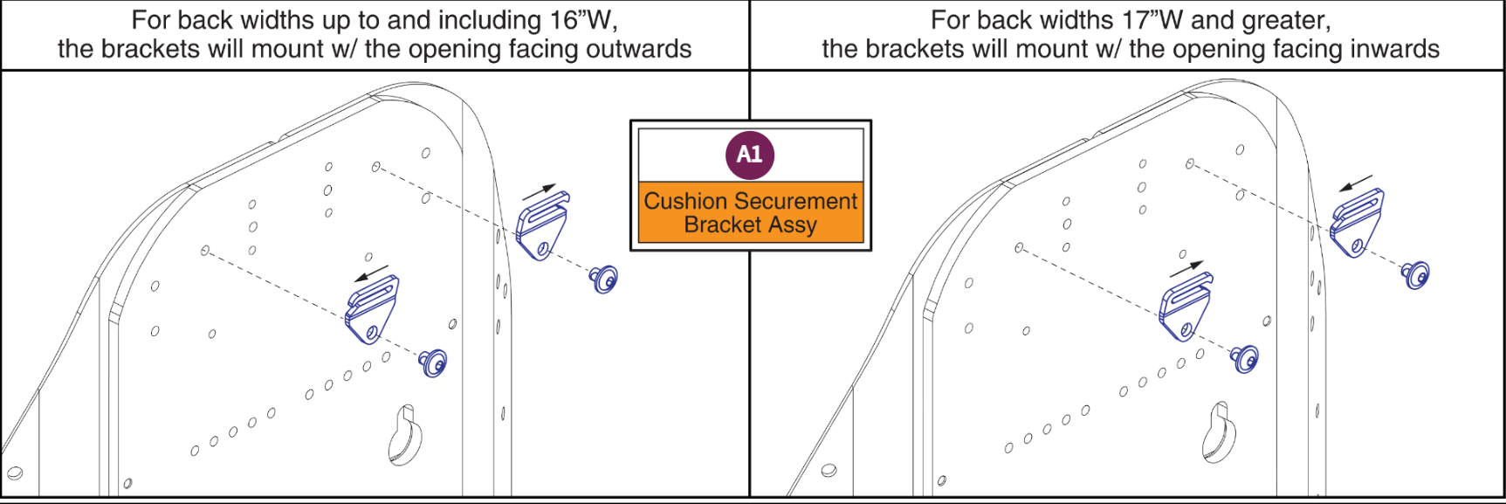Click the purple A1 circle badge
[x=750, y=155]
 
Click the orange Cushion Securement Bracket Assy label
[x=751, y=212]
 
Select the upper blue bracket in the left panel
[x=542, y=225]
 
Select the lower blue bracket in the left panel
[x=372, y=309]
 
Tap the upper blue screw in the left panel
[x=604, y=279]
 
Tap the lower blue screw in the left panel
[x=433, y=362]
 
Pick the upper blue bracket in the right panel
[x=1357, y=223]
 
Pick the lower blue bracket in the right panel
[x=1186, y=307]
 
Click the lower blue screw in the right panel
[x=1245, y=358]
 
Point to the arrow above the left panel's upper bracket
[x=539, y=192]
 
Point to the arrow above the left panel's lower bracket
[x=372, y=274]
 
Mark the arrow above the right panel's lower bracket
[x=1186, y=269]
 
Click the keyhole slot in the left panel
[x=404, y=434]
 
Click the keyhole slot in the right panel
[x=1219, y=432]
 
